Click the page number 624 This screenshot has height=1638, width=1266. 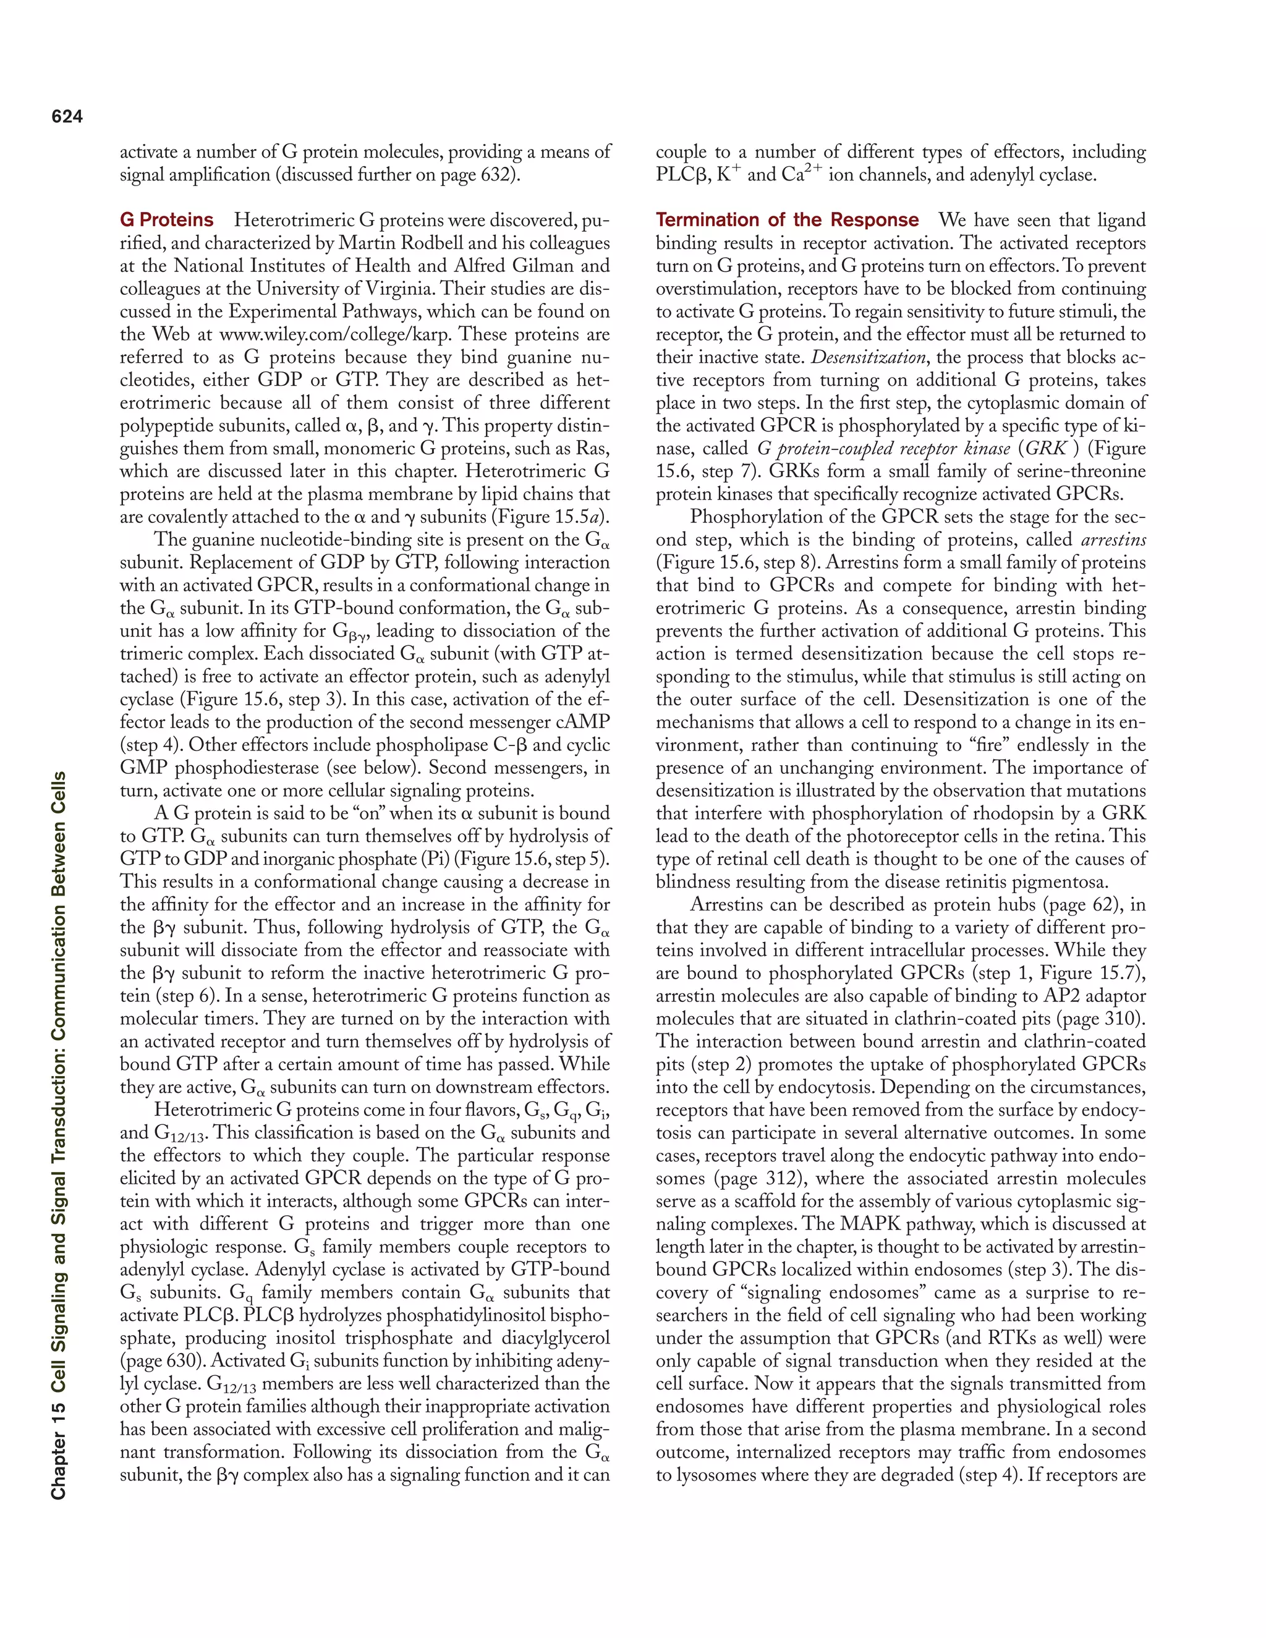point(67,116)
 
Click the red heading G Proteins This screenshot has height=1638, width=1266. point(166,220)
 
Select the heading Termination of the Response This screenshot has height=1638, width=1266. point(787,220)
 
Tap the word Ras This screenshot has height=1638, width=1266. point(592,449)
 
